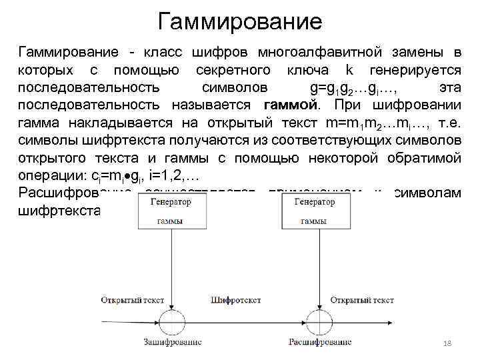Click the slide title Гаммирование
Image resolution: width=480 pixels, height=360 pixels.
[240, 21]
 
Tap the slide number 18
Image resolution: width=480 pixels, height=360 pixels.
[447, 342]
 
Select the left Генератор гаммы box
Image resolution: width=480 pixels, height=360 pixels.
[169, 211]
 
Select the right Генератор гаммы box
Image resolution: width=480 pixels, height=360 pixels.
[313, 211]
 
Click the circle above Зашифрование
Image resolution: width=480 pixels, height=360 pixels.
[169, 317]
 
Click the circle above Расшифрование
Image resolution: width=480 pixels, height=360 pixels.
[313, 317]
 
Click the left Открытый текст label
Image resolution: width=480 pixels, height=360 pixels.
[129, 299]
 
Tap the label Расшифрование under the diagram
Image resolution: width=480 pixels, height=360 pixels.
[320, 342]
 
